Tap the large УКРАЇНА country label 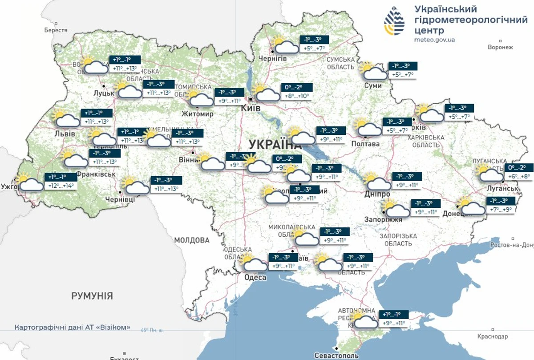pos(272,144)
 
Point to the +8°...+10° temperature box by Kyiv pos(297,96)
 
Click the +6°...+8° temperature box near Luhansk pos(519,176)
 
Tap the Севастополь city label pos(336,356)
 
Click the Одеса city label pos(255,278)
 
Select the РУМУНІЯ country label pos(92,296)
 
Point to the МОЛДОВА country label pos(191,240)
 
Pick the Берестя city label pos(56,30)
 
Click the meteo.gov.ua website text pos(434,40)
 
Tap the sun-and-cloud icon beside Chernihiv pos(285,45)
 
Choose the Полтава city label pos(365,144)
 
